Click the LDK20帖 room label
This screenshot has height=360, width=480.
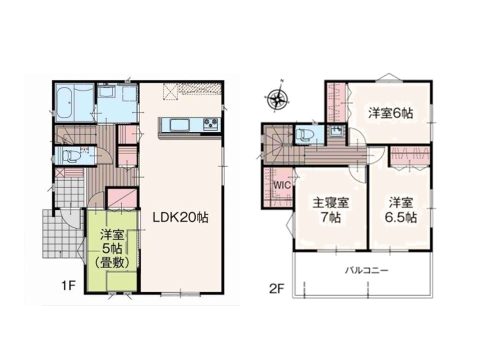(x=180, y=217)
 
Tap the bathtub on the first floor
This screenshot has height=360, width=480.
(x=64, y=103)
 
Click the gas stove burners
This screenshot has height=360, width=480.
(x=211, y=124)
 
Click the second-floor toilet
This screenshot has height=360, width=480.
(x=303, y=134)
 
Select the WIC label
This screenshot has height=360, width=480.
(x=281, y=185)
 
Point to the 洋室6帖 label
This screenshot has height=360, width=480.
(x=390, y=113)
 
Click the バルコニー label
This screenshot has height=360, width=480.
(x=367, y=270)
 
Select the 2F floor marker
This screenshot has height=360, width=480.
(x=276, y=289)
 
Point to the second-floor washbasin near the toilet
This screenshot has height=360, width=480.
(x=336, y=132)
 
